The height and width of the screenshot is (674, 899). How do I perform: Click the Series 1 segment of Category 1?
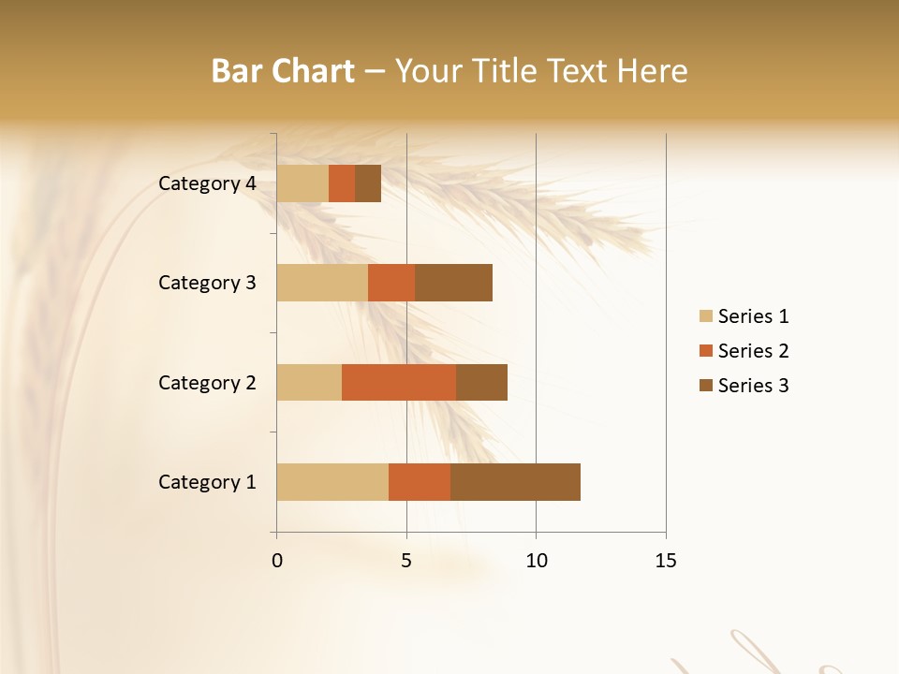pyautogui.click(x=332, y=482)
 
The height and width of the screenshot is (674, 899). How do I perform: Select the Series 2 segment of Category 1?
pyautogui.click(x=420, y=482)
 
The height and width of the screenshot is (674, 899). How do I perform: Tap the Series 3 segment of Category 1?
pyautogui.click(x=515, y=482)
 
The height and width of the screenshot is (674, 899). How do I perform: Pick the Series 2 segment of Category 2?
pyautogui.click(x=399, y=382)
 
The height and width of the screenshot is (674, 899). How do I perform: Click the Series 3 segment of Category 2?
pyautogui.click(x=481, y=382)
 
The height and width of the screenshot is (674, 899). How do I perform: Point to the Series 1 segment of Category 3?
pyautogui.click(x=322, y=283)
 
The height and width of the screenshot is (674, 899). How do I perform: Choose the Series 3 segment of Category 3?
pyautogui.click(x=453, y=283)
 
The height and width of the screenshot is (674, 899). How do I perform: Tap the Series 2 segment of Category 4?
pyautogui.click(x=342, y=183)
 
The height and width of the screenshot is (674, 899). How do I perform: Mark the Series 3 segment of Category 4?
pyautogui.click(x=368, y=183)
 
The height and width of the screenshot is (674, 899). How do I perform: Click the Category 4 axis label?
pyautogui.click(x=207, y=183)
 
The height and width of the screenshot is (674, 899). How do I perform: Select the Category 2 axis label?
pyautogui.click(x=207, y=382)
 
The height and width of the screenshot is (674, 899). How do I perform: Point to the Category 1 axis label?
pyautogui.click(x=207, y=482)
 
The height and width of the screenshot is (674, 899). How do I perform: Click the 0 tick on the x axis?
pyautogui.click(x=277, y=561)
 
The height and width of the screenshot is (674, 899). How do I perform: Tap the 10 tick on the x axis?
pyautogui.click(x=536, y=561)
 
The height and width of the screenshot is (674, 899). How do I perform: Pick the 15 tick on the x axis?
pyautogui.click(x=665, y=561)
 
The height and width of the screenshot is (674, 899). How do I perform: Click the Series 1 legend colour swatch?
pyautogui.click(x=706, y=316)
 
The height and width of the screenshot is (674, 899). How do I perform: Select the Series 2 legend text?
pyautogui.click(x=753, y=351)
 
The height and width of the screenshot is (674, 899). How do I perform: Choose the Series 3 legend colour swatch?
pyautogui.click(x=706, y=386)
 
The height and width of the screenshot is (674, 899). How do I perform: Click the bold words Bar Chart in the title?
pyautogui.click(x=283, y=71)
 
